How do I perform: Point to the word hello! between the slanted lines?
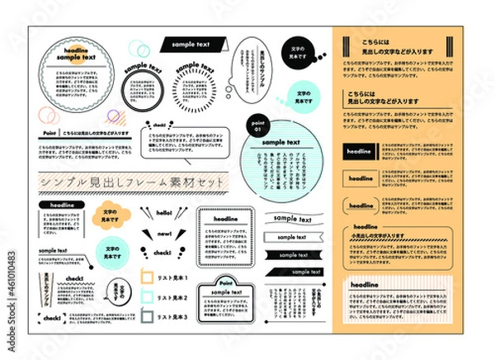(163, 213)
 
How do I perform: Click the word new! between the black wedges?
(163, 233)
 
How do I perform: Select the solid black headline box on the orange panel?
(361, 151)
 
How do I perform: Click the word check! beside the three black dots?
(163, 253)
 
